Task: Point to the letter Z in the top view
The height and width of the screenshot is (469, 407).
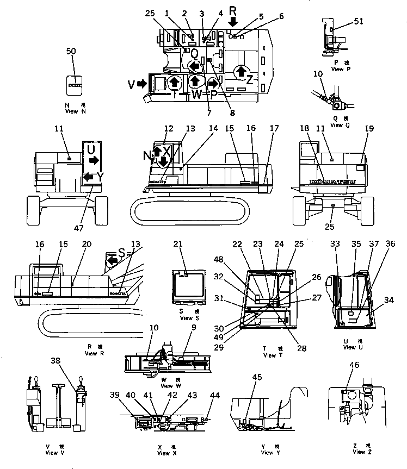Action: click(249, 79)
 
